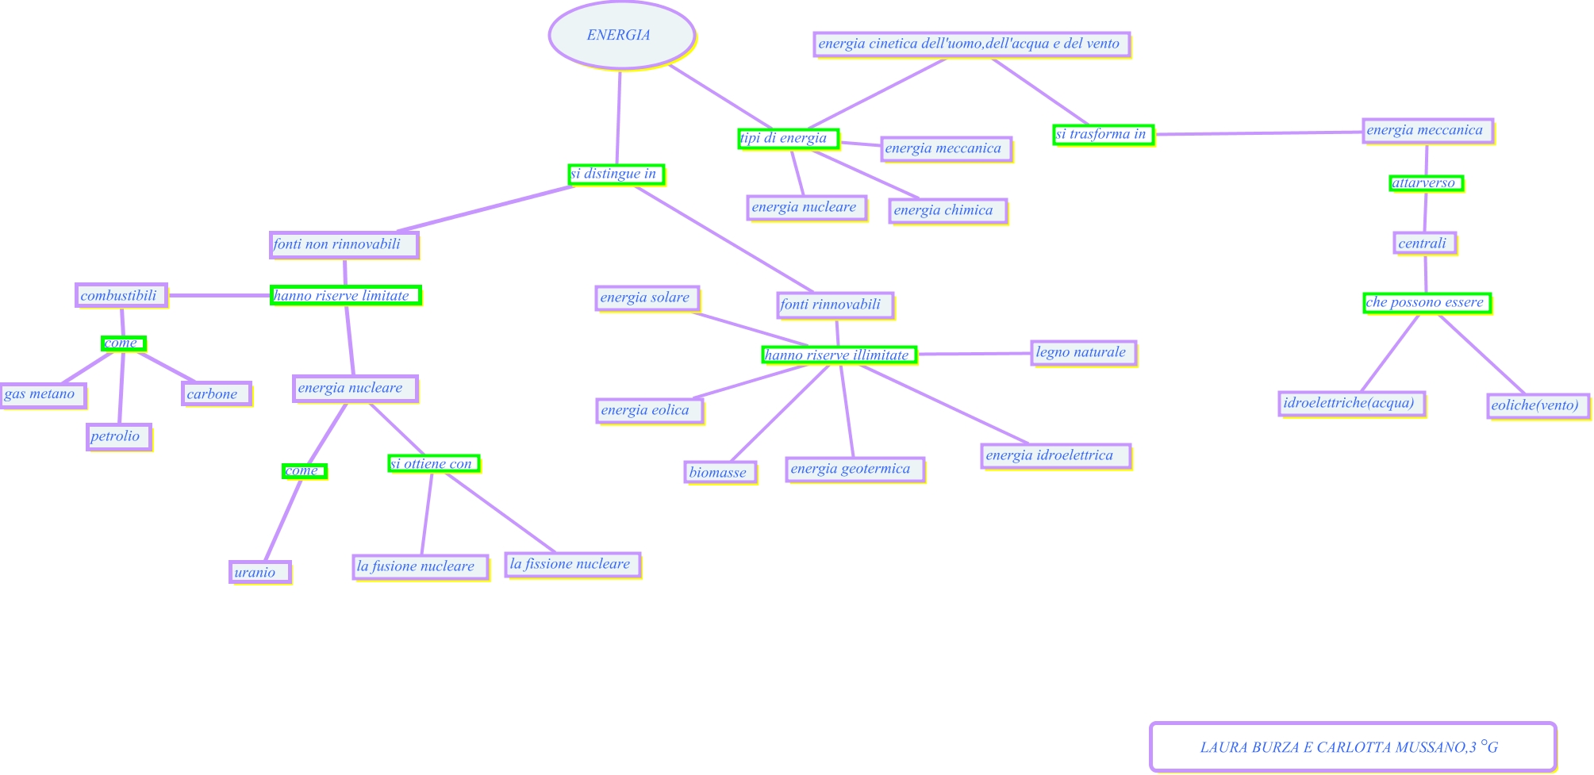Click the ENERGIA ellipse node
point(621,36)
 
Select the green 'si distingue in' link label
point(616,174)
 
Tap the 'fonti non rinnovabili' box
point(344,244)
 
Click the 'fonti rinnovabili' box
point(835,305)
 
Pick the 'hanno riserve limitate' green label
point(345,296)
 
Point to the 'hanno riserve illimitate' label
point(839,355)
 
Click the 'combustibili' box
point(121,296)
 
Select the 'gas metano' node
point(42,394)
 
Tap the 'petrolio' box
point(118,436)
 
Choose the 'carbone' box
point(216,394)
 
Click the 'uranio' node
point(259,572)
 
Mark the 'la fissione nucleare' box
point(572,565)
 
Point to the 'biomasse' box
point(720,473)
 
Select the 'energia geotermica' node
point(855,469)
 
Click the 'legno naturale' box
point(1083,352)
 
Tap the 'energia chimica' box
point(947,211)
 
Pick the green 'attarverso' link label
point(1426,183)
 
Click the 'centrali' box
point(1424,244)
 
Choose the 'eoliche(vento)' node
point(1537,405)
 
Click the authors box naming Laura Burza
point(1351,746)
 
